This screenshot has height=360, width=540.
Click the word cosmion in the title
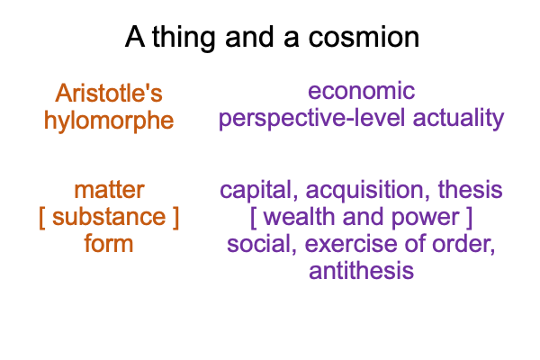click(x=364, y=37)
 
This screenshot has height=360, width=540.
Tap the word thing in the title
click(x=184, y=38)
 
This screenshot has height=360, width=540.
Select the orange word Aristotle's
click(x=109, y=93)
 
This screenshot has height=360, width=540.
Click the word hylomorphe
click(x=109, y=121)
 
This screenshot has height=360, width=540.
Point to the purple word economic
click(x=361, y=91)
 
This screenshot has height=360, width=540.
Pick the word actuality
click(x=458, y=119)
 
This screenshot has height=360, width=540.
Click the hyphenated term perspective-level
click(x=311, y=119)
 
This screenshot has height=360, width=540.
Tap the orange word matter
click(x=109, y=190)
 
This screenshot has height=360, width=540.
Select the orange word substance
click(x=109, y=217)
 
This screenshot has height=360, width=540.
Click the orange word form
click(x=109, y=243)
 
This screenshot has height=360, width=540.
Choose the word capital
click(x=259, y=191)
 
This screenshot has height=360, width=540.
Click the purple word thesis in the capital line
click(x=470, y=190)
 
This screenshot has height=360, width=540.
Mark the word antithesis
click(x=361, y=270)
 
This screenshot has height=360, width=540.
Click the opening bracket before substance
click(x=42, y=218)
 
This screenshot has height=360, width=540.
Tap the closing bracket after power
click(x=469, y=218)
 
